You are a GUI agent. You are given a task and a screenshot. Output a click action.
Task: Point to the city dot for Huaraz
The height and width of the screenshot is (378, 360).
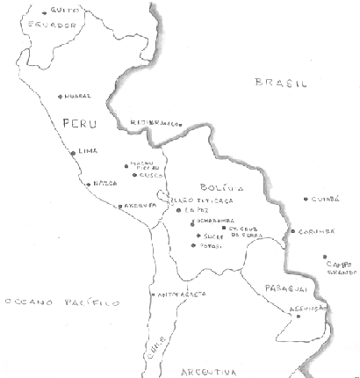point(60,96)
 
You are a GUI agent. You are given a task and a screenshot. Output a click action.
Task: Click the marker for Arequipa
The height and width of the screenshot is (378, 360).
point(119,207)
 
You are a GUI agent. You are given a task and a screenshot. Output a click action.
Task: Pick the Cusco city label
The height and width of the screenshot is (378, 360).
point(146,175)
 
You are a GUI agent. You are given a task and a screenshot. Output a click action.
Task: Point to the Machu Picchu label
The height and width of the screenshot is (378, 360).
point(144,164)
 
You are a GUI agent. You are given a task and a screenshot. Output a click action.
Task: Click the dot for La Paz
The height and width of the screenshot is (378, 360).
point(177,210)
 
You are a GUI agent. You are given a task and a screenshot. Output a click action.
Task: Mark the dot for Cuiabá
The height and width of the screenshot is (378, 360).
point(306,199)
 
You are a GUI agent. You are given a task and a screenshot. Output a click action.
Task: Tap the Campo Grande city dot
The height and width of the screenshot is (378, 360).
point(323,257)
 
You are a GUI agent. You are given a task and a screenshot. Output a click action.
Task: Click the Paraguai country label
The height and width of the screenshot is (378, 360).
point(275,287)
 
